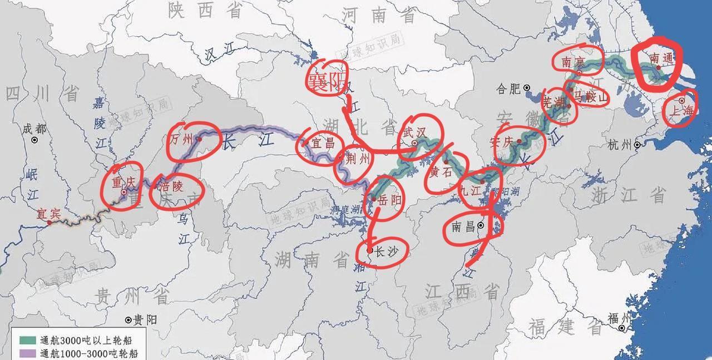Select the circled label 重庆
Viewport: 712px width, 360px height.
[123, 182]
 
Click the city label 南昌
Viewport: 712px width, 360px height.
[463, 226]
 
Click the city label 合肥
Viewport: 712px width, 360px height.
[507, 88]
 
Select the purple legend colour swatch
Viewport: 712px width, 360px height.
[24, 353]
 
